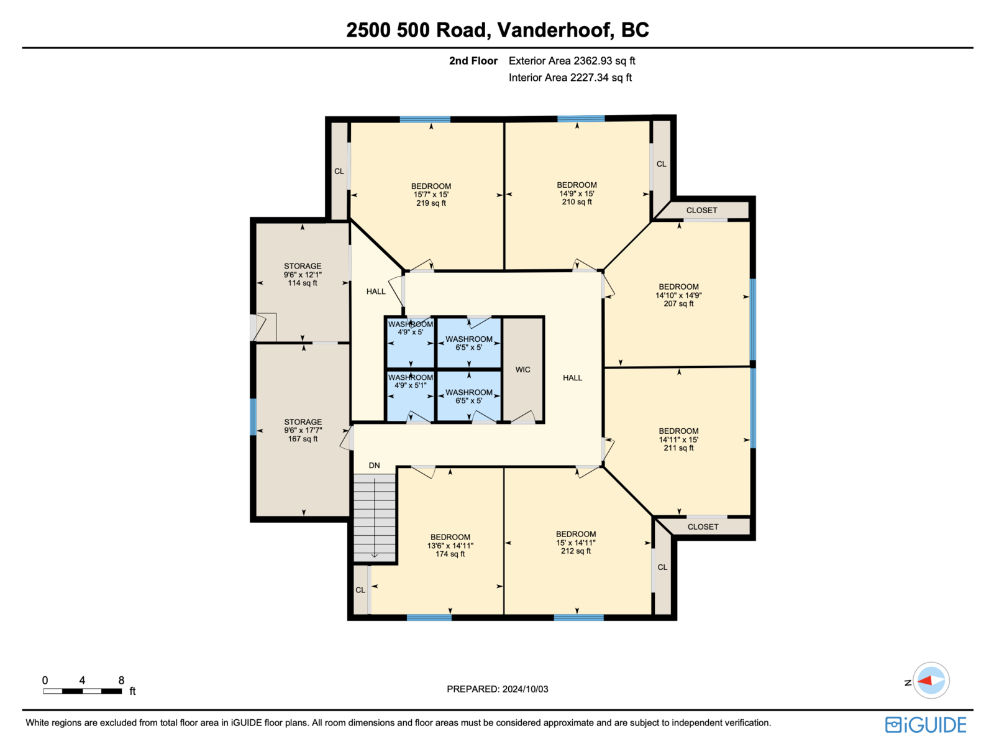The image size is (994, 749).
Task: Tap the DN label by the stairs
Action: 373,465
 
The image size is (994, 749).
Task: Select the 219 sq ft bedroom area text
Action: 431,203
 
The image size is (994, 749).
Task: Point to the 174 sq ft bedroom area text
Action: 450,554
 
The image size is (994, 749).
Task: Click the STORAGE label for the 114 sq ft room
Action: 303,266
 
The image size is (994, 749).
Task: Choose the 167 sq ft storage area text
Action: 303,439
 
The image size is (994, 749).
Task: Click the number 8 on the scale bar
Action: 121,679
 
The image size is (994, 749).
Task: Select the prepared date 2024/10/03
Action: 525,689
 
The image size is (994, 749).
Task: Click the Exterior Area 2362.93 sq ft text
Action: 572,61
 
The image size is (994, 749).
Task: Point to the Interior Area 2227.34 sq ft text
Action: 570,78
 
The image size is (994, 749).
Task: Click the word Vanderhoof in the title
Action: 555,30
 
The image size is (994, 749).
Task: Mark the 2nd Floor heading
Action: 473,61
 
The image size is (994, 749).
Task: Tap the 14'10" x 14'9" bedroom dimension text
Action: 678,295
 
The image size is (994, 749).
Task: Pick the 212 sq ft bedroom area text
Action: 575,551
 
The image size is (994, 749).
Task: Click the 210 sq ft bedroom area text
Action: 577,201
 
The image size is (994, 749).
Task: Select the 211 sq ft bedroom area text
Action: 678,448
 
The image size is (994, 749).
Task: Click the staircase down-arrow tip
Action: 374,558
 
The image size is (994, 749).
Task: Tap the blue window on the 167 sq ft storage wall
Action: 253,416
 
